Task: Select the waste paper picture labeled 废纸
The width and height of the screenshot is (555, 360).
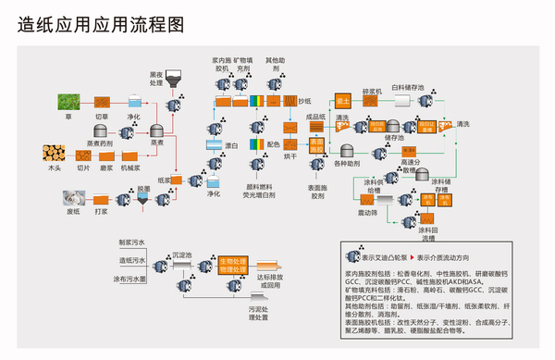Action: coord(69,197)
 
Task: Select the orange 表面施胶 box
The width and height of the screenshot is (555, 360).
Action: coord(316,144)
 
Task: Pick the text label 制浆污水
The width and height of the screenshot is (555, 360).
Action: coord(131,242)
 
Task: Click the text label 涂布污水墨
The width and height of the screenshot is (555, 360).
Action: coord(131,278)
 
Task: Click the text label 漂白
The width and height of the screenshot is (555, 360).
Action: coord(233,146)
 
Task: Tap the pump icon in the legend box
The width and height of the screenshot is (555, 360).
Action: coord(352,258)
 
